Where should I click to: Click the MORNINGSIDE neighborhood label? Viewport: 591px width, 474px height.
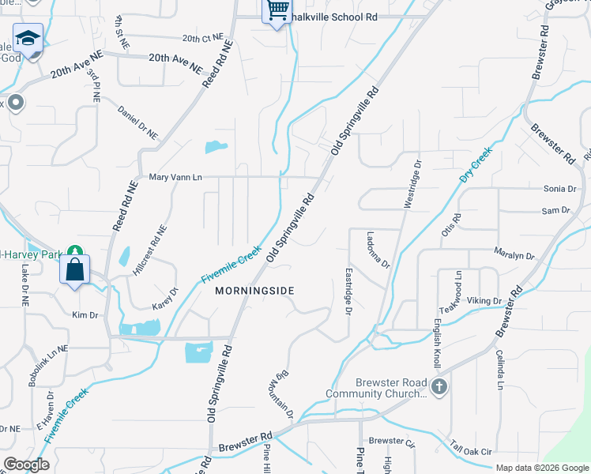[x=254, y=291]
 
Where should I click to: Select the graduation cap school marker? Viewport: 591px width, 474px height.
[x=28, y=39]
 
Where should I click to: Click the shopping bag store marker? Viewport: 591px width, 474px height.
[x=74, y=269]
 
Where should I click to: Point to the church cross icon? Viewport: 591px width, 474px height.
[x=439, y=387]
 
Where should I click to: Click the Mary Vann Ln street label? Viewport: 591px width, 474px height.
[x=175, y=178]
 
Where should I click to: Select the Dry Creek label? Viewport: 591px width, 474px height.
[x=476, y=165]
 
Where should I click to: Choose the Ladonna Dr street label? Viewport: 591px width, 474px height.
[x=378, y=249]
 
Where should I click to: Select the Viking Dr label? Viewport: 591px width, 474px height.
[x=484, y=301]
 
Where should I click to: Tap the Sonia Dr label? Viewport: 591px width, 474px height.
[x=559, y=189]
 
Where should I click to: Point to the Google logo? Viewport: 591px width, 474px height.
[x=27, y=465]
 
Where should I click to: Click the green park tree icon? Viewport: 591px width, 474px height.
[x=76, y=250]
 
